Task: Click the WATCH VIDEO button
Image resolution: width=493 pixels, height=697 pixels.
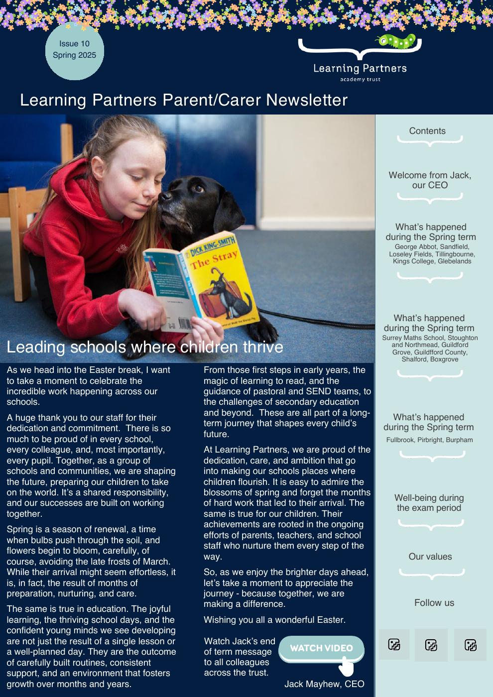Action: point(321,648)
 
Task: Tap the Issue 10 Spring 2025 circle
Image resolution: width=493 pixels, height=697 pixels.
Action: point(75,50)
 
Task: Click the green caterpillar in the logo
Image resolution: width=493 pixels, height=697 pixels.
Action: point(397,41)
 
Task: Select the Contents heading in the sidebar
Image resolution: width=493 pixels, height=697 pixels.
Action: point(427,131)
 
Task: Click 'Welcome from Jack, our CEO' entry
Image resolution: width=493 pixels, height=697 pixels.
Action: point(430,180)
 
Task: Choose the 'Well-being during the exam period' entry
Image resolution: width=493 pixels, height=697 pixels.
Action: point(429,503)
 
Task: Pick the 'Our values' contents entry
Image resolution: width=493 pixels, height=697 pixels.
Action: point(430,557)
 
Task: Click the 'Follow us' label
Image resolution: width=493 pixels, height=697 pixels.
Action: point(434,603)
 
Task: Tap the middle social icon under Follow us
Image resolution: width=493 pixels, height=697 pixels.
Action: point(431,645)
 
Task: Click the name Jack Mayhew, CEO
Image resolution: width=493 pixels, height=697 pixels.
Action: point(324,684)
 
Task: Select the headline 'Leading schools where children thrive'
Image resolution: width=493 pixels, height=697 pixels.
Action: point(144,347)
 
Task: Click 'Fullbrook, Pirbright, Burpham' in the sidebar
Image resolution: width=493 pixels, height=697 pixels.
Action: point(429,440)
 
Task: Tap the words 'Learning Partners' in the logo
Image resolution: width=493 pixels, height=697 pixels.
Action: point(360,69)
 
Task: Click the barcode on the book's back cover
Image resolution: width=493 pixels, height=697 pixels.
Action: point(182,324)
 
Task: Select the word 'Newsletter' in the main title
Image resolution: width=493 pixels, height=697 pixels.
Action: point(307,100)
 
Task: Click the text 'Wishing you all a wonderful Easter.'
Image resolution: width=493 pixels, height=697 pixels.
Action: point(274,620)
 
